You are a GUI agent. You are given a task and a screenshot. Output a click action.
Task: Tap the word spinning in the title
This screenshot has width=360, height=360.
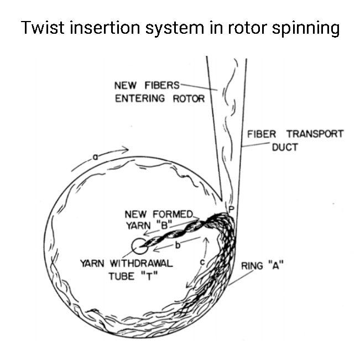coord(308,29)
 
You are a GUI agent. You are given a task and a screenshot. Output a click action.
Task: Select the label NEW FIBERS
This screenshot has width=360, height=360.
coord(147,86)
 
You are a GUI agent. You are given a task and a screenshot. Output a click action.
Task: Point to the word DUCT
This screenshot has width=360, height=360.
coord(285,148)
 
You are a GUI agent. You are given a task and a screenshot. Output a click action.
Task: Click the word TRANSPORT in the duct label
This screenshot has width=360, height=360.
coord(315,134)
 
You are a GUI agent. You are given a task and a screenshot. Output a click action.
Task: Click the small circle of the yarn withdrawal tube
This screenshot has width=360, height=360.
coord(139,246)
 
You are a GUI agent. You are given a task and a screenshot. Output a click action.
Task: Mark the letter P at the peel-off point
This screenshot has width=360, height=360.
coord(232,208)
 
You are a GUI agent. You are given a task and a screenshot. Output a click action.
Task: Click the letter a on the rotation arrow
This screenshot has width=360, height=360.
coord(95,157)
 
